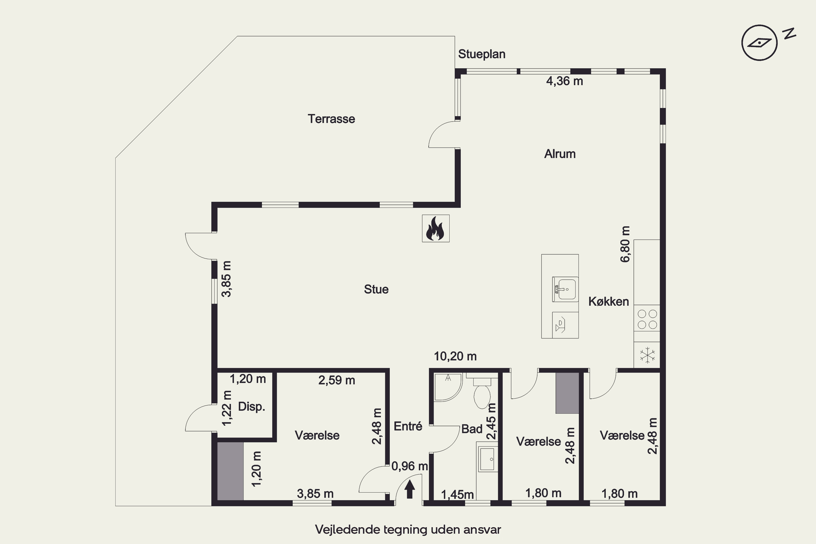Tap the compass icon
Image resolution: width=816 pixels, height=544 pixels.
(x=759, y=43)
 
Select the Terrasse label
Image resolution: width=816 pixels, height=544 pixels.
(x=331, y=119)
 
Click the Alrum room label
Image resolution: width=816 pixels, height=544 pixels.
(x=560, y=154)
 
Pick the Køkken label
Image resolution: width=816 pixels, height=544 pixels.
(x=608, y=301)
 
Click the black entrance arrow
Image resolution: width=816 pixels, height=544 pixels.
(x=410, y=489)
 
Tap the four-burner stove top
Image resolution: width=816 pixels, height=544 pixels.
(x=647, y=319)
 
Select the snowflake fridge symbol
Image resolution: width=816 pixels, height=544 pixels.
(x=647, y=355)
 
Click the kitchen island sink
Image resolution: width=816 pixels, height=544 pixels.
(x=565, y=289)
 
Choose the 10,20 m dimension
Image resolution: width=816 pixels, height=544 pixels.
(x=455, y=356)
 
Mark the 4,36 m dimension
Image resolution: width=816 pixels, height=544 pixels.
(x=564, y=81)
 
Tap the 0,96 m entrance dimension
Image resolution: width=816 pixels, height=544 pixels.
(x=409, y=466)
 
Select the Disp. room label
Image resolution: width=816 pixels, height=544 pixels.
(x=252, y=407)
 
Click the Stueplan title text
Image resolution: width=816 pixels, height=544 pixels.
(x=481, y=54)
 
